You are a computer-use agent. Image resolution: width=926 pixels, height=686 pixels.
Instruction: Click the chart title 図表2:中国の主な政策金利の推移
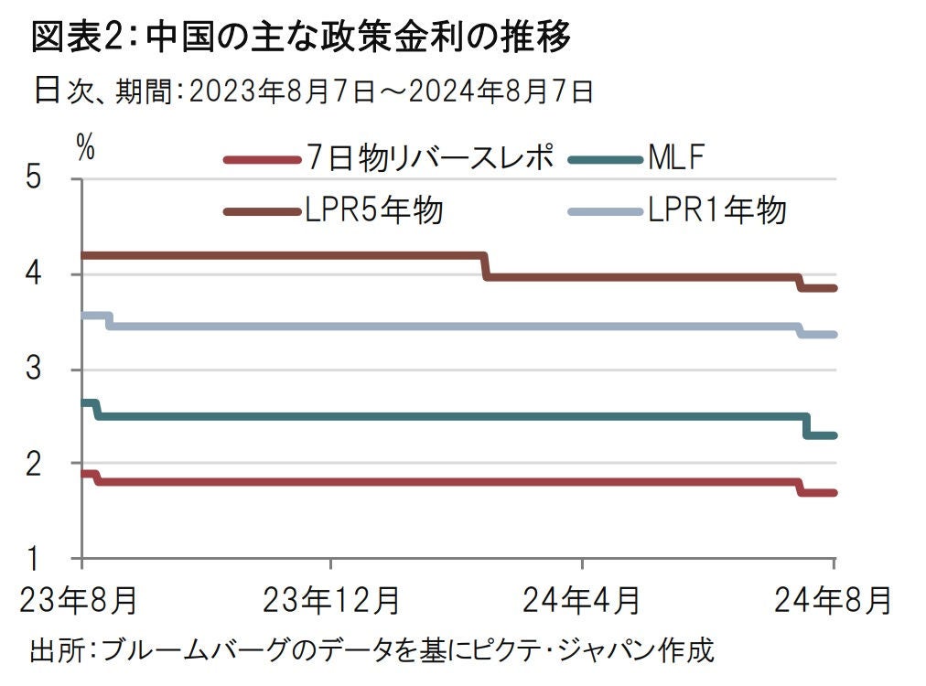[x=301, y=38]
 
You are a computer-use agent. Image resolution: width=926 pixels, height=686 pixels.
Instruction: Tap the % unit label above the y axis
[x=85, y=147]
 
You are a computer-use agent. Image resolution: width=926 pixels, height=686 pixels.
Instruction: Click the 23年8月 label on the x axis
[x=80, y=601]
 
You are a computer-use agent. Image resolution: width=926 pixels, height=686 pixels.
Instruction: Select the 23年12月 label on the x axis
[x=331, y=601]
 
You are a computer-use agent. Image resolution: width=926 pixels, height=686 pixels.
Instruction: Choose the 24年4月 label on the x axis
[x=582, y=601]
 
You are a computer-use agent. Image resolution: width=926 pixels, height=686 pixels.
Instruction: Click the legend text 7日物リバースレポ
[x=430, y=159]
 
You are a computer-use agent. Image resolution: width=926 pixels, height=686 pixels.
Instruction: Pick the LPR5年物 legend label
[x=375, y=211]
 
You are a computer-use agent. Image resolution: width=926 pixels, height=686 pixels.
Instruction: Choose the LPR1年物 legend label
[x=717, y=211]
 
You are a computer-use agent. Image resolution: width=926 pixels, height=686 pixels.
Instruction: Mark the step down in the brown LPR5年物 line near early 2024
[x=485, y=265]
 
